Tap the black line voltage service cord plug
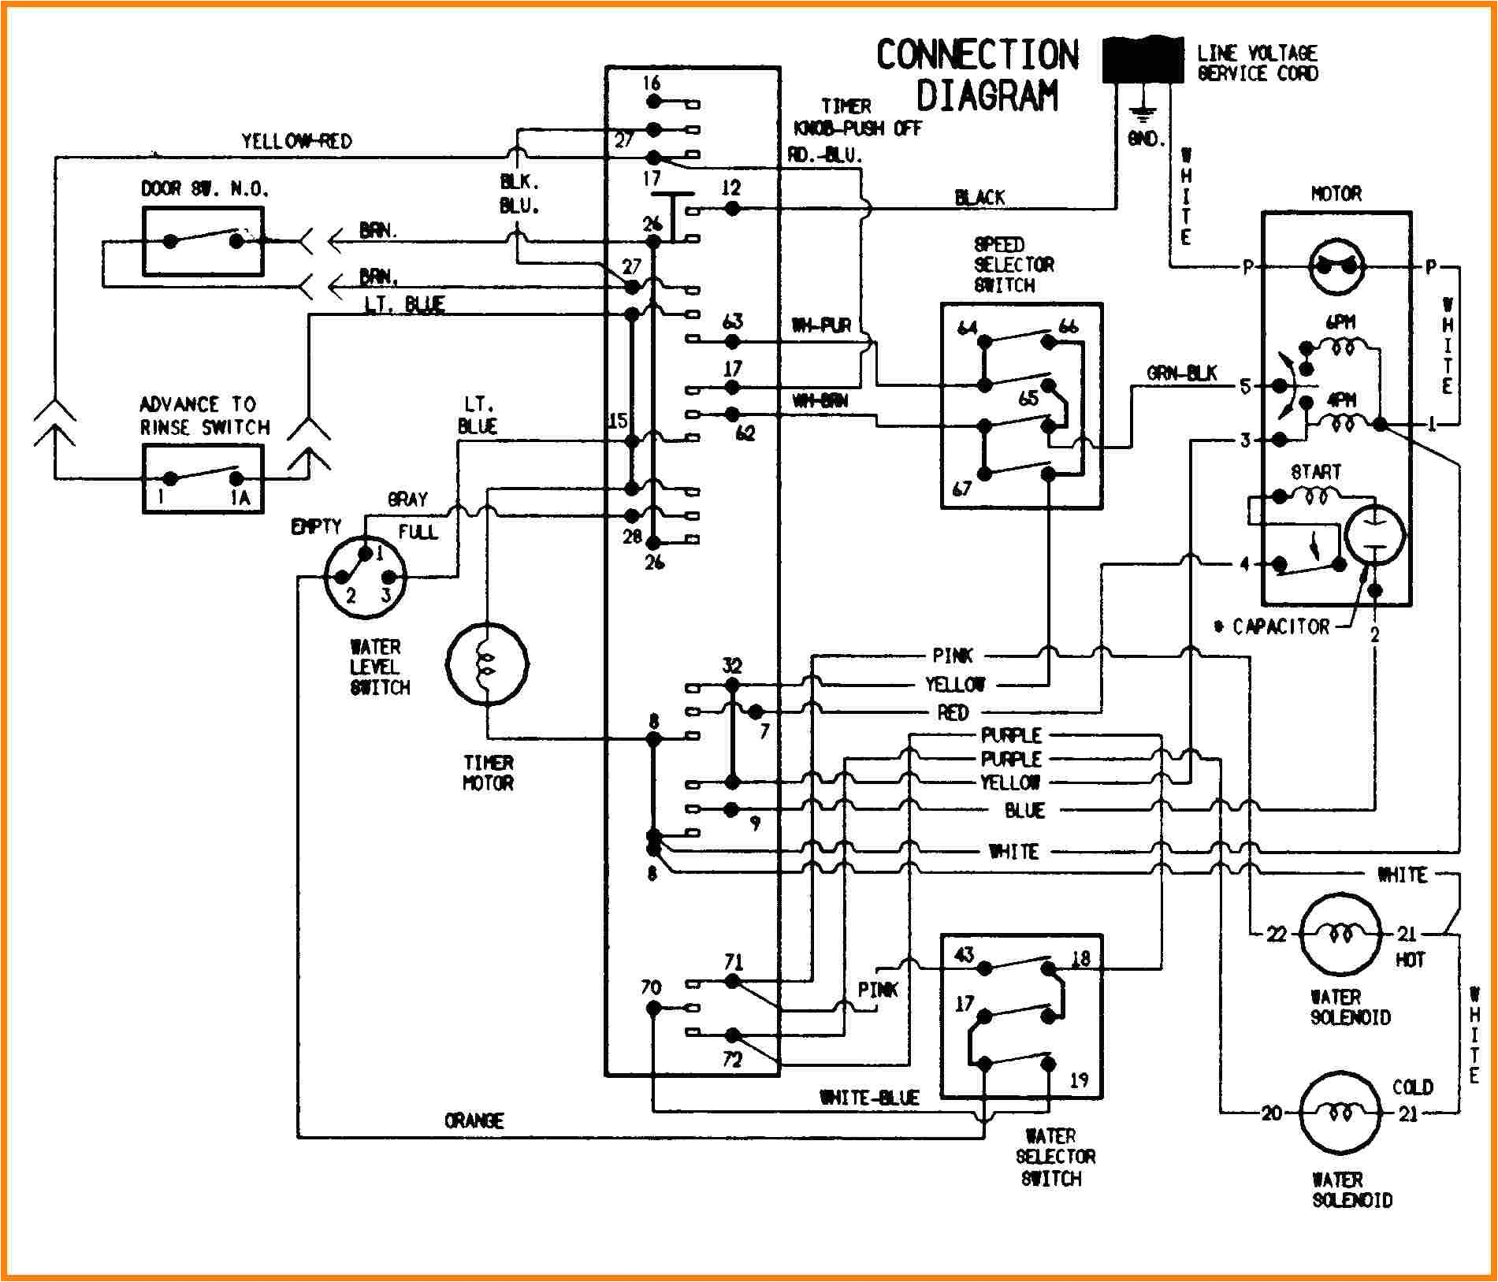pyautogui.click(x=1142, y=60)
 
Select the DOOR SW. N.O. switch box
pyautogui.click(x=203, y=241)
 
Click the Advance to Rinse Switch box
pyautogui.click(x=203, y=478)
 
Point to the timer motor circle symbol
pyautogui.click(x=487, y=663)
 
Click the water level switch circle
pyautogui.click(x=365, y=577)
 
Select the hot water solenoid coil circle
pyautogui.click(x=1339, y=935)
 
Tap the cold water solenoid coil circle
pyautogui.click(x=1339, y=1112)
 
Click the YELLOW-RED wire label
pyautogui.click(x=296, y=142)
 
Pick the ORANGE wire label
pyautogui.click(x=474, y=1120)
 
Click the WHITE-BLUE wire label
pyautogui.click(x=868, y=1098)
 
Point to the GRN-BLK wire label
pyautogui.click(x=1181, y=373)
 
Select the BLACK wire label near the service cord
pyautogui.click(x=979, y=198)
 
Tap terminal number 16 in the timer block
pyautogui.click(x=651, y=84)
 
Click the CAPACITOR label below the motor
pyautogui.click(x=1280, y=626)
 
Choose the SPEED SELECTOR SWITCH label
pyautogui.click(x=1013, y=265)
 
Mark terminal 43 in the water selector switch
pyautogui.click(x=964, y=955)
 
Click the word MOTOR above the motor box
pyautogui.click(x=1336, y=194)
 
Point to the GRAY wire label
pyautogui.click(x=407, y=500)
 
